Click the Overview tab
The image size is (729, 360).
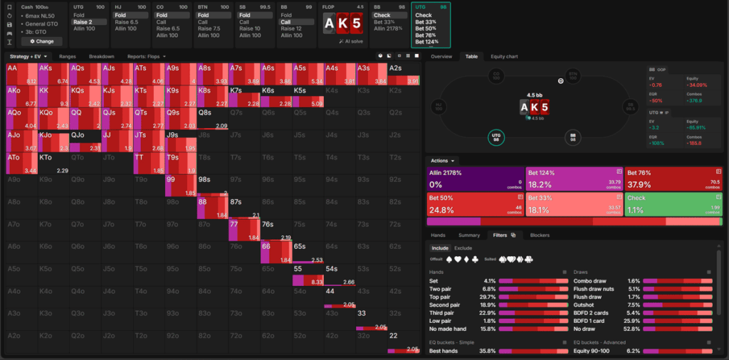(441, 56)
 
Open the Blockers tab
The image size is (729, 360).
(540, 235)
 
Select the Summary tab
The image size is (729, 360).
(469, 235)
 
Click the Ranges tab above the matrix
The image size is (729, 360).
(68, 56)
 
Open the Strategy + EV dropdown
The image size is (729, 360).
(28, 56)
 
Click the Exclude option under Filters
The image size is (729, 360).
(463, 248)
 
